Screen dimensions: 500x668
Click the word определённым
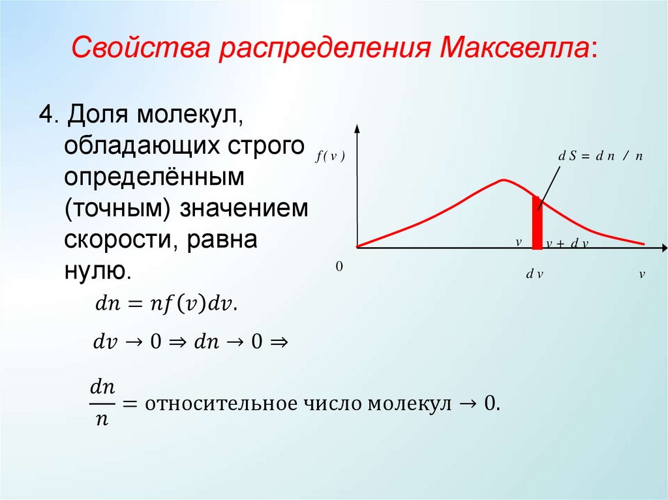(x=153, y=177)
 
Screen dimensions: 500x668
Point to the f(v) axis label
(x=329, y=156)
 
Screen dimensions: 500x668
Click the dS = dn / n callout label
(x=600, y=156)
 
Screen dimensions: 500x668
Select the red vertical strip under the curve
(x=537, y=223)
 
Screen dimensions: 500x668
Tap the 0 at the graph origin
(x=339, y=267)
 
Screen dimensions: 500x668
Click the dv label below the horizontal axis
(x=535, y=274)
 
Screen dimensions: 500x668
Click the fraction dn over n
(x=102, y=403)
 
